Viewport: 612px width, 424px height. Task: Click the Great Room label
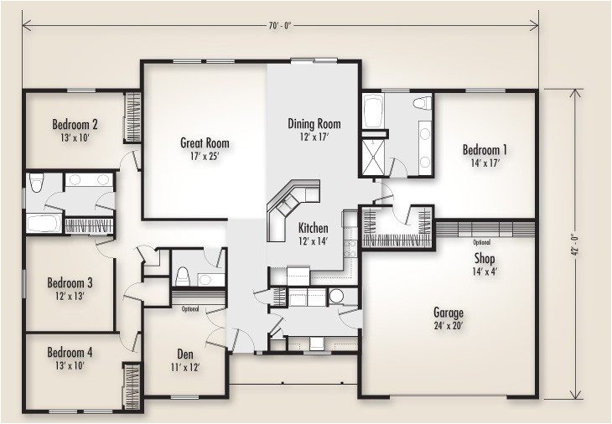point(205,142)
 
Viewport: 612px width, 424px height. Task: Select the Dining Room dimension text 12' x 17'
point(313,136)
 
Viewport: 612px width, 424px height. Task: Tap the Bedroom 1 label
point(485,150)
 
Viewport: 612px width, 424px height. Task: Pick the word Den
point(185,354)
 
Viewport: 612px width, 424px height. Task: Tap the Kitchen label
point(313,228)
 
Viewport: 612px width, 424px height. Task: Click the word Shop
point(485,258)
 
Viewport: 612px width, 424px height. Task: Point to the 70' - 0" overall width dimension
point(280,26)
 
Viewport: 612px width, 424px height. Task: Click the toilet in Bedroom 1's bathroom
point(423,104)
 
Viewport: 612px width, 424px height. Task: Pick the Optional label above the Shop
point(481,242)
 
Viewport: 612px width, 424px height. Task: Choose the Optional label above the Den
point(191,309)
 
